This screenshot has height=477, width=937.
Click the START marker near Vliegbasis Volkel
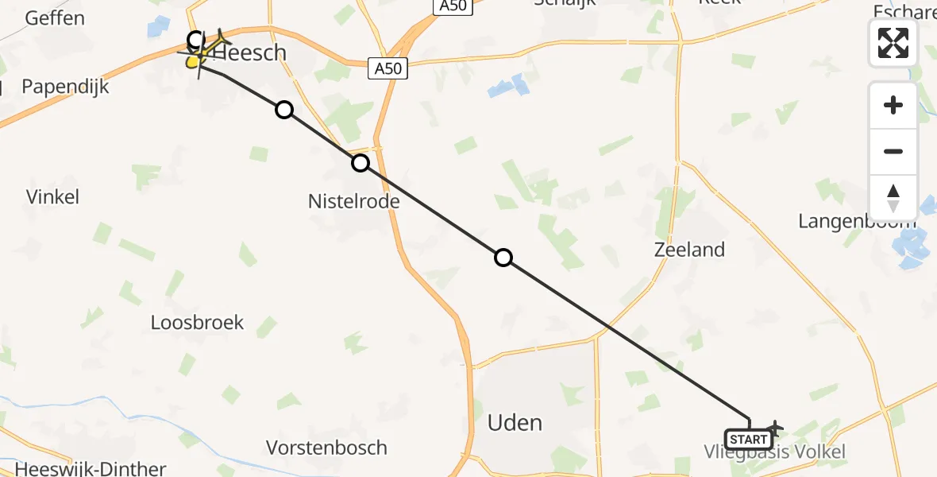coord(748,440)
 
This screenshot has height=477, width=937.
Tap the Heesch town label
coord(249,53)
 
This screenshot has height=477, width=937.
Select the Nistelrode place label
coord(353,202)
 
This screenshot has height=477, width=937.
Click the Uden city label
coord(515,422)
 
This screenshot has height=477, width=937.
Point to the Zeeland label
coord(689,250)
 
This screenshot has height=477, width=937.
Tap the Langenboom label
coord(857,221)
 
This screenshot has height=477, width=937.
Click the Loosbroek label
coord(197,323)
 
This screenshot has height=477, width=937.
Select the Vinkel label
coord(52,197)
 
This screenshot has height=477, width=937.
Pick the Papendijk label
coord(64,87)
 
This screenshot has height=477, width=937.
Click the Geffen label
coord(55,17)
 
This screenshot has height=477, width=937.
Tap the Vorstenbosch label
coord(327,448)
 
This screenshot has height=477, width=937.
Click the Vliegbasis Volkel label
coord(774,452)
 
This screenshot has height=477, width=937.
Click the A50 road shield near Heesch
coord(388,68)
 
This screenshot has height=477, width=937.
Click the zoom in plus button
coord(893,105)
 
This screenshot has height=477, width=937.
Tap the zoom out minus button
coord(893,151)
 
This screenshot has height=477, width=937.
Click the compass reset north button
coord(893,197)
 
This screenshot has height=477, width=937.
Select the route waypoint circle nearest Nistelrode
coord(361,163)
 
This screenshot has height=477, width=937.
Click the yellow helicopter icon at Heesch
coord(195,58)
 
